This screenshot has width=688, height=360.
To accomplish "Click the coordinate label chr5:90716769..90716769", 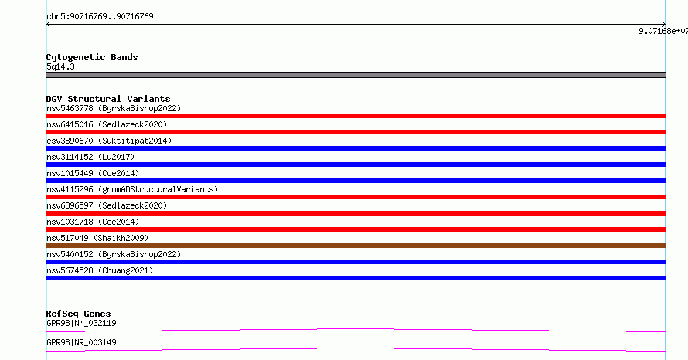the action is point(100,16).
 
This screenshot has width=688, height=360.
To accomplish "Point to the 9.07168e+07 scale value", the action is point(663,31).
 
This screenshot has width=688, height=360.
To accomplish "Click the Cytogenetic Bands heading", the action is point(92,57).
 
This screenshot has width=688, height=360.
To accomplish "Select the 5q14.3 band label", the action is point(60,66).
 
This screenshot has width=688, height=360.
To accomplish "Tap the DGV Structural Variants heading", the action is point(108,99).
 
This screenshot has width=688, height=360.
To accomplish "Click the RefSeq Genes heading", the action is point(79,314).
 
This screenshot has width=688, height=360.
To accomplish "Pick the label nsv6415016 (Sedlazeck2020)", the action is point(107,124).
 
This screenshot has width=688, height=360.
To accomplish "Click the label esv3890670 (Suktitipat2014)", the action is point(109,141).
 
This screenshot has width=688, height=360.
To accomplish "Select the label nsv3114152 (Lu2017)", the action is point(90,157).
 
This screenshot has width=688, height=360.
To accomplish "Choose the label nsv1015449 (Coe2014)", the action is point(93,173).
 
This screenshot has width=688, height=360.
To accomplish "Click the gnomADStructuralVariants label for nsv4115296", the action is point(158,189).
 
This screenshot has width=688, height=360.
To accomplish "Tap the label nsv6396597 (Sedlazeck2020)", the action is point(107,205).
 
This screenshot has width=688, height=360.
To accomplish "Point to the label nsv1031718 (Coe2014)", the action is point(93,222).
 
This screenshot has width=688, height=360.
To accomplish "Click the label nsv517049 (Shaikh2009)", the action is point(97,238).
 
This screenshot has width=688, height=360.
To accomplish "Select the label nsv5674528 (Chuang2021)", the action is point(100,270).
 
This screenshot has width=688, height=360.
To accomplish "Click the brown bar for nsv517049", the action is point(356,246).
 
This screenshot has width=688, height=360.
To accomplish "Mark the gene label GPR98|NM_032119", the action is point(81,323).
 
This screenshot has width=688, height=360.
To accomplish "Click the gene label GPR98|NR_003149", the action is point(81,342).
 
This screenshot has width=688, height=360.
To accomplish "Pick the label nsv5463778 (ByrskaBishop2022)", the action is point(114,108).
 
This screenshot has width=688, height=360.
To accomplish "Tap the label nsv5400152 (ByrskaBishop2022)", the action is point(114,254).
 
